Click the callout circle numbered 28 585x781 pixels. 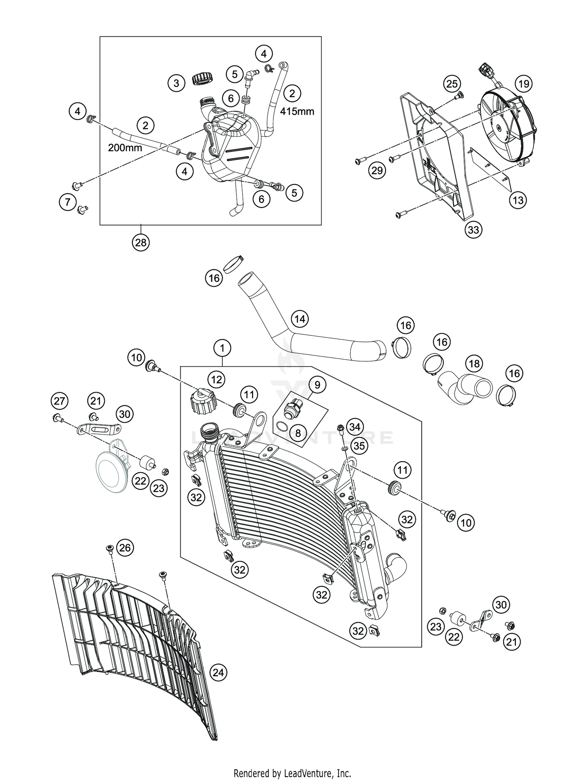coord(140,243)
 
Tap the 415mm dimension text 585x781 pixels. coord(297,111)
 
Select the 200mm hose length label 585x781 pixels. coord(125,148)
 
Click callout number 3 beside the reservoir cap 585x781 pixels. coord(176,83)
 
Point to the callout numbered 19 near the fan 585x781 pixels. coord(523,84)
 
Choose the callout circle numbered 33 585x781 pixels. coord(473,230)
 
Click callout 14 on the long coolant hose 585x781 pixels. coord(300,319)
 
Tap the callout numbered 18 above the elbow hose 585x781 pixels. coord(474,364)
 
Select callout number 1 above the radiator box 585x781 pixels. coord(222,348)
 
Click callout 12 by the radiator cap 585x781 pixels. coord(216,379)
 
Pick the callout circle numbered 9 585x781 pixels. coord(317,385)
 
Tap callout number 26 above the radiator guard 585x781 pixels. coord(125,548)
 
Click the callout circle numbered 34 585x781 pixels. coord(355,427)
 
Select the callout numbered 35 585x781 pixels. coord(359,446)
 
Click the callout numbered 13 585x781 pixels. coord(518,200)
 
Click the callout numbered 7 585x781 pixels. coord(68,202)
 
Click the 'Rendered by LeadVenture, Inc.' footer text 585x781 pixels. coord(292,762)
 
